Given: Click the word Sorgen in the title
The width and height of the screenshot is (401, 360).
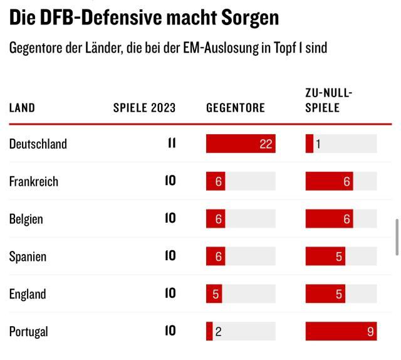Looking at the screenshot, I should (x=250, y=18).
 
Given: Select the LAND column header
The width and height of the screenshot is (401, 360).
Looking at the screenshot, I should (x=22, y=108).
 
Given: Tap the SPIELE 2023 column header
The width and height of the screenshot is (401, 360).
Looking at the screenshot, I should (x=144, y=108).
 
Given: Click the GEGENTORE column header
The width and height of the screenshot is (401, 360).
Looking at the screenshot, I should (x=236, y=108).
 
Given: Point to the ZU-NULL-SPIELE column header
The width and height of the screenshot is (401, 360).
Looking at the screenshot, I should (x=329, y=100).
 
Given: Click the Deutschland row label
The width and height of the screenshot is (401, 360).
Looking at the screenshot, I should (x=38, y=144).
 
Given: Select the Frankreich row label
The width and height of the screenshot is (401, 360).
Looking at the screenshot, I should (x=34, y=181).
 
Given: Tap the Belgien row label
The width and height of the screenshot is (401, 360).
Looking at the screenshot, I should (x=26, y=219).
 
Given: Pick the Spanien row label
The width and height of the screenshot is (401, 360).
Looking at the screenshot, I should (x=28, y=257).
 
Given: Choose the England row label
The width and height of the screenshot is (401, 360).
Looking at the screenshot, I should (x=28, y=294).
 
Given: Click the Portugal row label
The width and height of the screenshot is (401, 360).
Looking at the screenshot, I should (x=29, y=331).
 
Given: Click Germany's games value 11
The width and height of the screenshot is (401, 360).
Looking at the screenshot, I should (x=172, y=144).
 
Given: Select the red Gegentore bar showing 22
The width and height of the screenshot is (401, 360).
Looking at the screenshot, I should (x=241, y=144).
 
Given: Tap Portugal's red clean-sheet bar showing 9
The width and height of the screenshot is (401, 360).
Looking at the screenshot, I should (x=341, y=331).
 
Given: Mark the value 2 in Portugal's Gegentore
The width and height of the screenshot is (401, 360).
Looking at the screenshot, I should (x=218, y=332).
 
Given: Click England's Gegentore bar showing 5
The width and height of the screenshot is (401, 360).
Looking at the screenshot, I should (x=214, y=294).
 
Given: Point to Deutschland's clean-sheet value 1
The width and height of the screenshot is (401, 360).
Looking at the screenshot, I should (x=318, y=144).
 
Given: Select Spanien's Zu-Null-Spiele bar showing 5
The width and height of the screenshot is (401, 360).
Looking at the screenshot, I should (x=325, y=257).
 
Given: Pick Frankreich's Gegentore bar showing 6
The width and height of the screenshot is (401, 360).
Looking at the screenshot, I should (x=216, y=181).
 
